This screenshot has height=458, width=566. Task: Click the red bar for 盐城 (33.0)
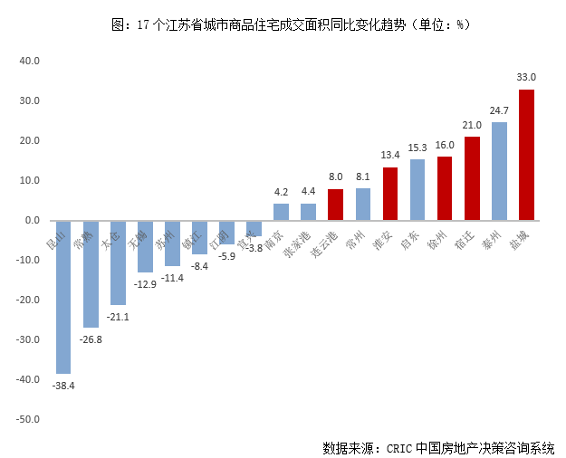(526, 154)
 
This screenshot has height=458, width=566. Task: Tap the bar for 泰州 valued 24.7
(499, 171)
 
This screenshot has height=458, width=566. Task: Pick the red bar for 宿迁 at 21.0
(472, 178)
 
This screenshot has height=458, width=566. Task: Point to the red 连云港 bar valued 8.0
(335, 205)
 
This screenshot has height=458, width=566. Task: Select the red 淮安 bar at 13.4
(390, 194)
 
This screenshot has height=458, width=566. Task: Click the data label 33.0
(526, 78)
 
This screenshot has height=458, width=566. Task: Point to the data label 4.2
(281, 192)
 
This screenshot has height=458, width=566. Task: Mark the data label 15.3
(417, 148)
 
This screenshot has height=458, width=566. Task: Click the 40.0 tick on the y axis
(30, 62)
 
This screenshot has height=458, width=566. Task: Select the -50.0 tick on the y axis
(28, 420)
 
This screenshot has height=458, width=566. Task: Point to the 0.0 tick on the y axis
(33, 221)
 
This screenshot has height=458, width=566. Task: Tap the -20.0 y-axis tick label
(28, 301)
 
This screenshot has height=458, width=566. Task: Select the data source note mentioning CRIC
(437, 447)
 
